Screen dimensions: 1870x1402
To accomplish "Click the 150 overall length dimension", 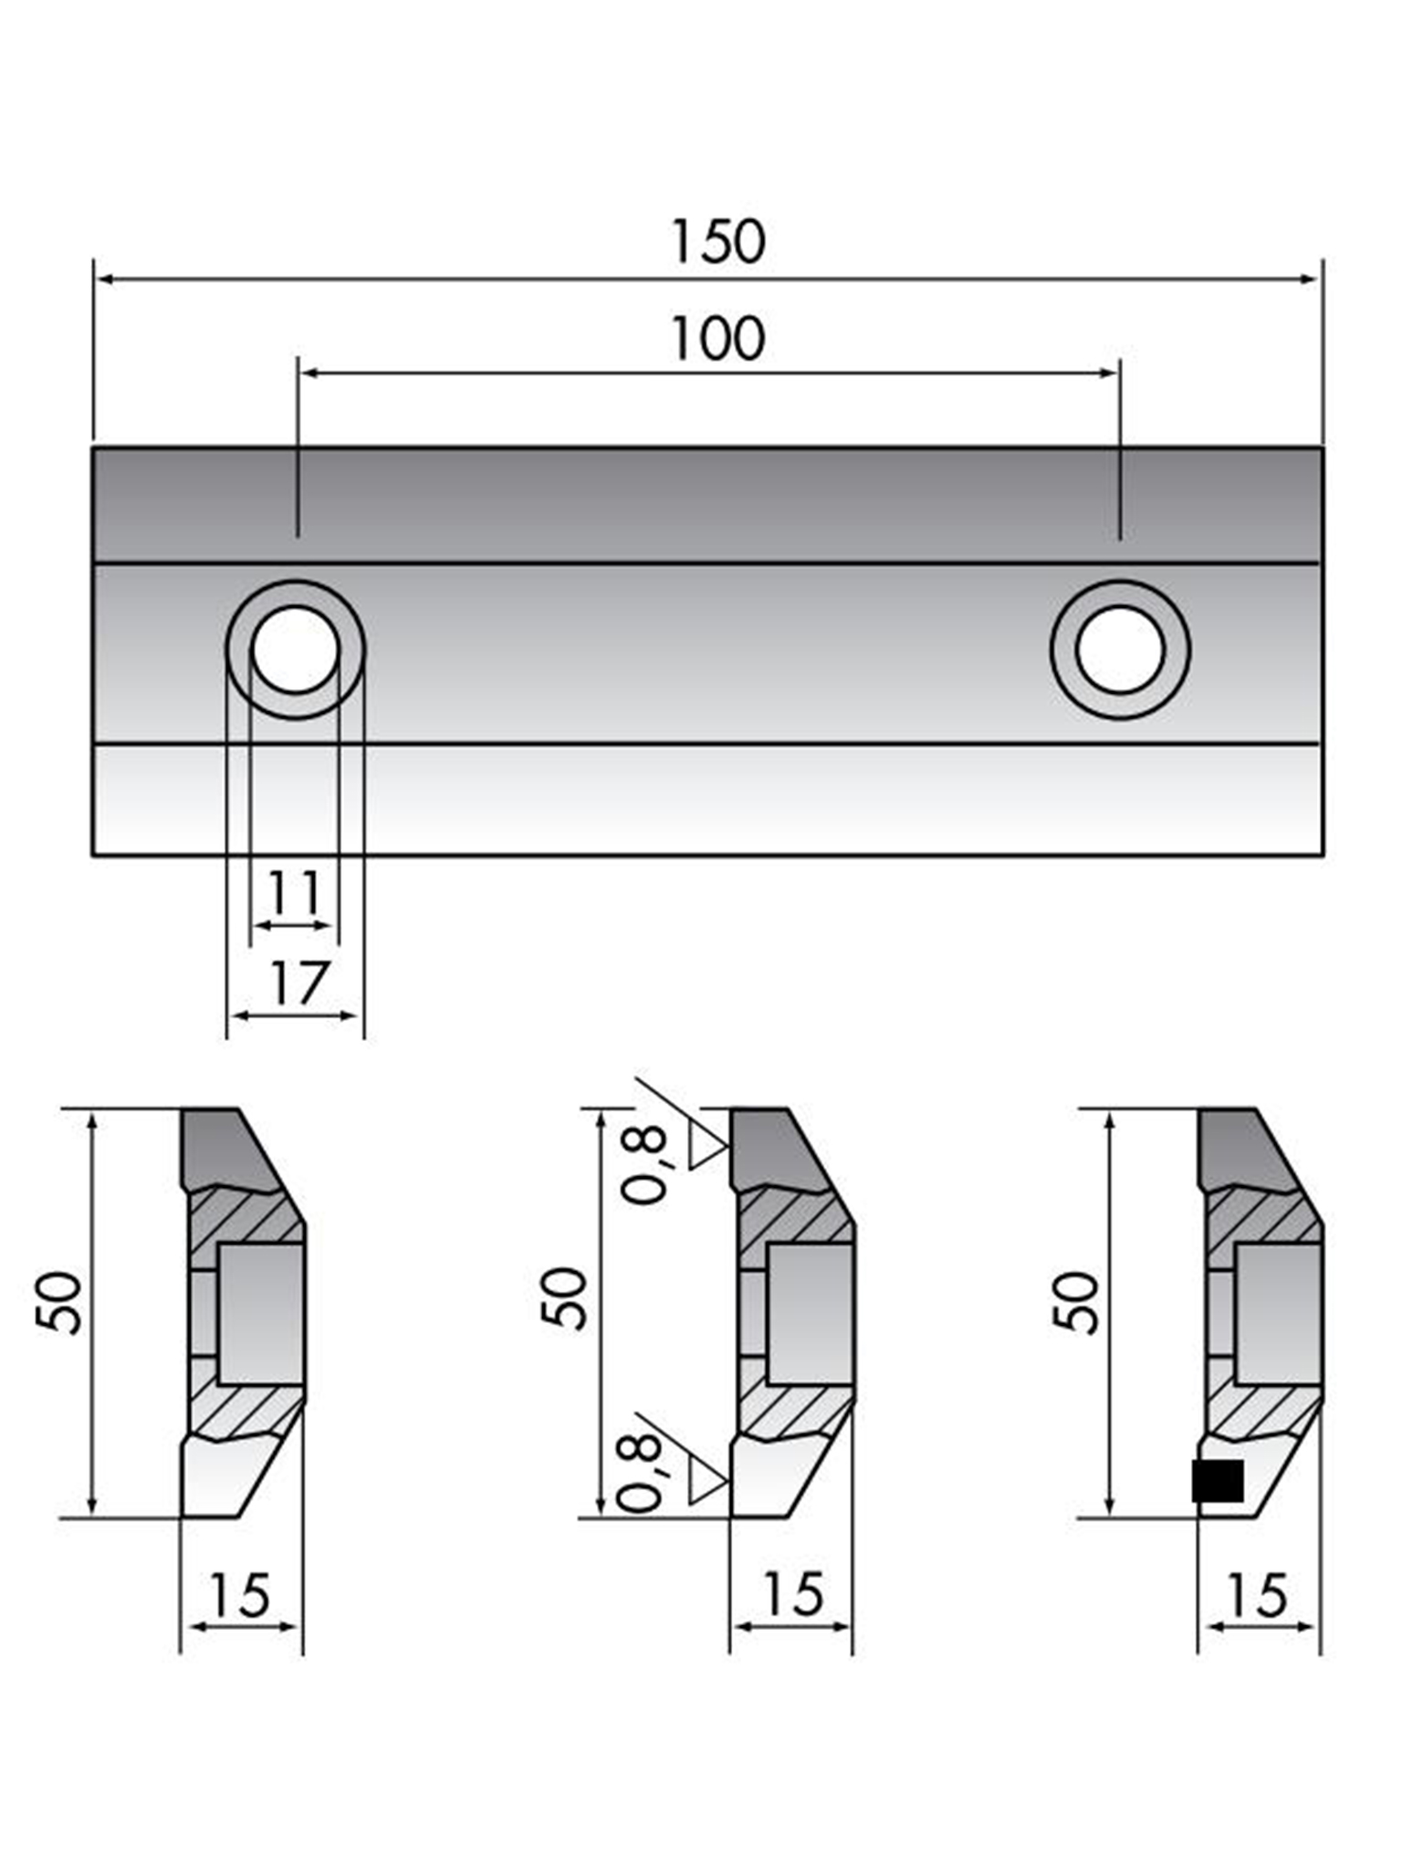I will (x=717, y=243).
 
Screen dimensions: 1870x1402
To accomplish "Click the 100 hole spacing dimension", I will (x=717, y=339).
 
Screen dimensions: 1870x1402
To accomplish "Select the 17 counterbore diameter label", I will (x=298, y=983).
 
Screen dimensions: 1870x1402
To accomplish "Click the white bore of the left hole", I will (x=295, y=649).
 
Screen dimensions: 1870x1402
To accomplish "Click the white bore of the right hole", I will (x=1120, y=649).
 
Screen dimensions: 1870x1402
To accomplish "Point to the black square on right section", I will (x=1218, y=1481).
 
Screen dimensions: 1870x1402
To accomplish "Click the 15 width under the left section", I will (x=240, y=1595).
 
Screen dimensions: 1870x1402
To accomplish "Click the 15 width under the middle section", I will (x=791, y=1594).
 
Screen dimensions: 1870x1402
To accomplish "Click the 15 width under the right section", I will (x=1259, y=1595).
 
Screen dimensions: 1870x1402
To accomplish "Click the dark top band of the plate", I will (x=707, y=504).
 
